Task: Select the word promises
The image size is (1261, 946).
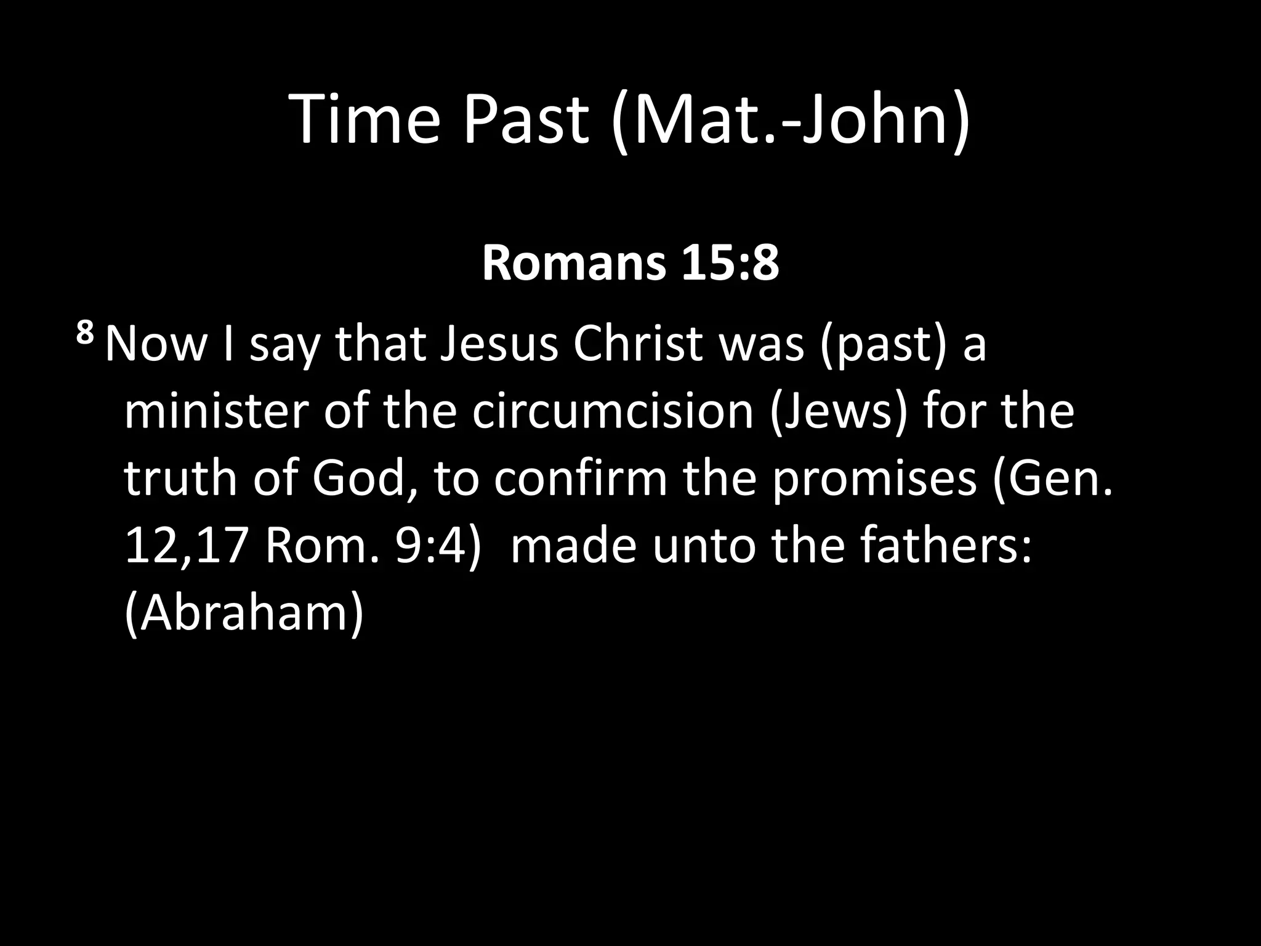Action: [874, 479]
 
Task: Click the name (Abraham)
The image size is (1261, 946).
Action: [244, 614]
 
